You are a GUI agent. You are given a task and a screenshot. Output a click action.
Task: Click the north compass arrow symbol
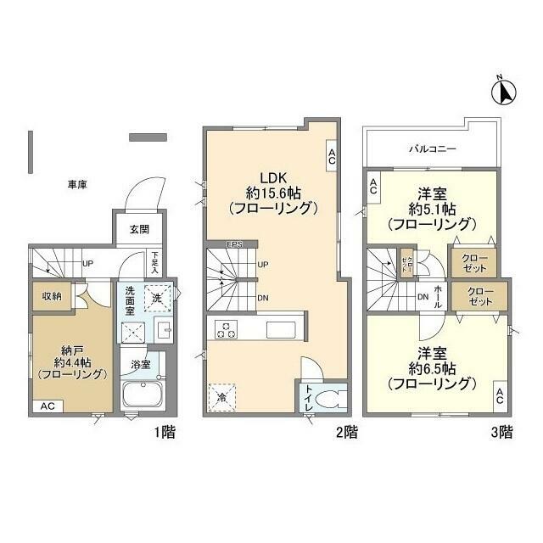coord(501,88)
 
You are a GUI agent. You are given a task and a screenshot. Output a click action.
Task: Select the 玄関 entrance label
coord(139,229)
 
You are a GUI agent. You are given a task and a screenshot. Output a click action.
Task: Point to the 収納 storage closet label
coord(51,296)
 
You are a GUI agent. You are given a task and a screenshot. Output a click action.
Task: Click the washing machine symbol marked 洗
coord(157,297)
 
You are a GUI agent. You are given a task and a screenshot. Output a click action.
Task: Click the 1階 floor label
coord(165,432)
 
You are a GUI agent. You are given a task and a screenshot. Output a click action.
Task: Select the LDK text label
coord(271,178)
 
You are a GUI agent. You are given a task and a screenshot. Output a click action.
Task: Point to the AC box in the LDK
coord(331,154)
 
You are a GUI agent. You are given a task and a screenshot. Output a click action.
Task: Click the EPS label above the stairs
coord(235,246)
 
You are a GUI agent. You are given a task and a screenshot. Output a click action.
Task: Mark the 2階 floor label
coord(345,432)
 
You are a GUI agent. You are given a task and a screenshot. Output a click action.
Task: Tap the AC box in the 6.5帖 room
coord(500,395)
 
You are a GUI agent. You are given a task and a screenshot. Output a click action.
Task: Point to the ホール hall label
coord(438,296)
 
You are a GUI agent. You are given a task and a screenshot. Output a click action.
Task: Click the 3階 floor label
coord(501,432)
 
